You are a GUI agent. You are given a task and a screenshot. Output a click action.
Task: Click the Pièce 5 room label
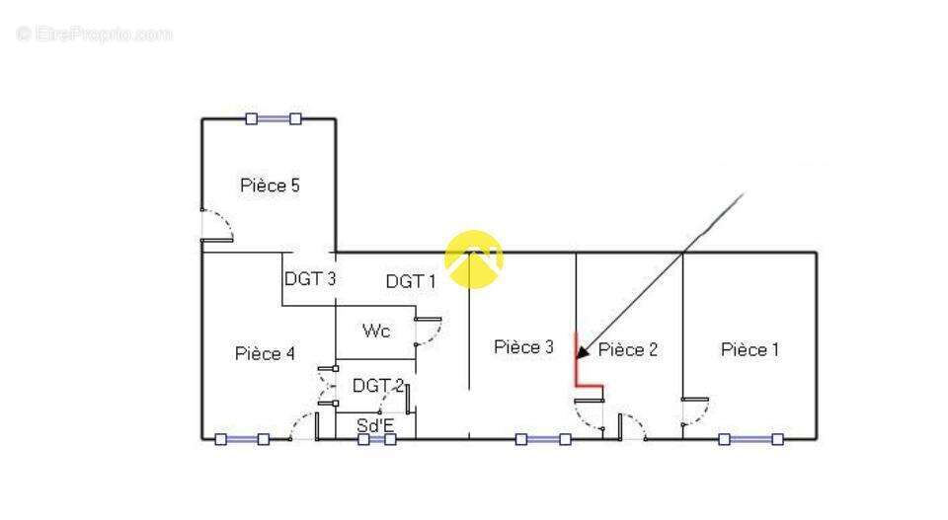[270, 186]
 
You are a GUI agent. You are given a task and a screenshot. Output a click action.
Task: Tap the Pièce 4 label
[265, 353]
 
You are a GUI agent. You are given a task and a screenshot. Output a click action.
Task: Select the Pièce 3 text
[523, 347]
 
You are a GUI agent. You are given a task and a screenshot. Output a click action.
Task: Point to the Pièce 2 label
[628, 349]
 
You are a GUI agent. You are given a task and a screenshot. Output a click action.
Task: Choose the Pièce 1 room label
[750, 349]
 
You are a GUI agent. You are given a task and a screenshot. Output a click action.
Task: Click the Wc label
[375, 331]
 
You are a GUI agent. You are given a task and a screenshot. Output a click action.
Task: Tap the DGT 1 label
[410, 281]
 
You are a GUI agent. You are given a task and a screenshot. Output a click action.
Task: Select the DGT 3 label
[310, 279]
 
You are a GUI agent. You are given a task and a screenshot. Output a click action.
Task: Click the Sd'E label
[375, 425]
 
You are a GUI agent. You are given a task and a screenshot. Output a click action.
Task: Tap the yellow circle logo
[474, 260]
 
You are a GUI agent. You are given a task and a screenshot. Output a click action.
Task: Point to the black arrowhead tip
[579, 354]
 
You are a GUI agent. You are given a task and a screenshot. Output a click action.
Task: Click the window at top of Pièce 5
[274, 118]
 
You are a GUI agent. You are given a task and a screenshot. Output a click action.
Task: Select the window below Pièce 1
[750, 439]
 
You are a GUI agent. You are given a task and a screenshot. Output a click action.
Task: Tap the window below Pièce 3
[543, 439]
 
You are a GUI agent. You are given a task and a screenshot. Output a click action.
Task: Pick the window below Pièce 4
[242, 439]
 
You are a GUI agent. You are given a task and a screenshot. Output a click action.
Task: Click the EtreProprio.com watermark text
[94, 35]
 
